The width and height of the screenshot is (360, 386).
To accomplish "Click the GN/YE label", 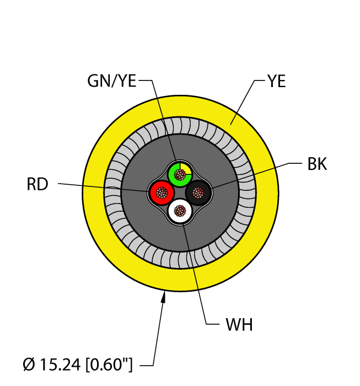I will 112,82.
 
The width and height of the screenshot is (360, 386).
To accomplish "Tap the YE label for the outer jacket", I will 276,82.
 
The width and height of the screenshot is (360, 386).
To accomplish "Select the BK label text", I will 316,164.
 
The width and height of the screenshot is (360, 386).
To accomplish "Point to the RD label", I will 37,184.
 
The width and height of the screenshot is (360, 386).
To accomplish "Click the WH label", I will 239,325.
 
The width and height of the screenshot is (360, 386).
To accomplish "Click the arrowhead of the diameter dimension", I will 163,297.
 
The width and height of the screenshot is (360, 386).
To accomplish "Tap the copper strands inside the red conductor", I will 162,192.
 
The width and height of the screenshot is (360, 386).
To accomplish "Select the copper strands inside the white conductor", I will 180,211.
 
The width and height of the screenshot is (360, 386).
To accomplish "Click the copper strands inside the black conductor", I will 198,192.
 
